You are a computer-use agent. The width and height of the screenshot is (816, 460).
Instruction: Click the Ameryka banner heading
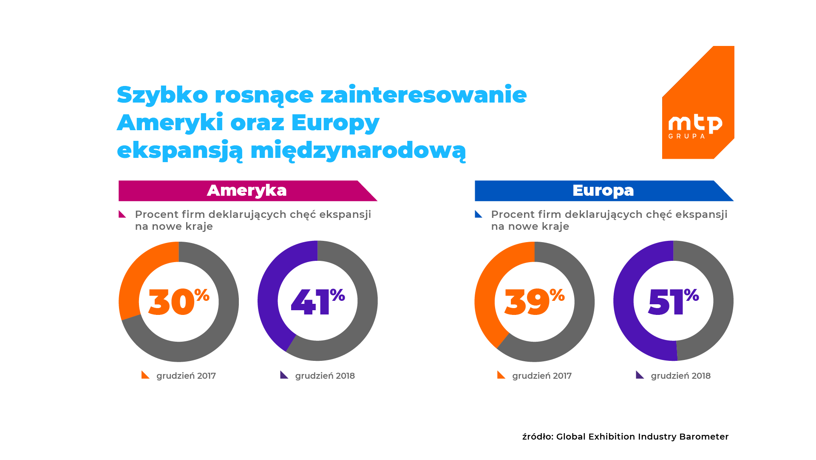coord(247,191)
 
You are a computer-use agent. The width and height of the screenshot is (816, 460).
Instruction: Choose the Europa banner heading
coord(603,191)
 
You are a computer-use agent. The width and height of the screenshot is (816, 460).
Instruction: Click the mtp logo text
coord(695,123)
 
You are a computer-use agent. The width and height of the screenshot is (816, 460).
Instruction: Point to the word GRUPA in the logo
coord(686,137)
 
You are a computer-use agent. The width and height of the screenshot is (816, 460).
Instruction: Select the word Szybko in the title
coord(162,95)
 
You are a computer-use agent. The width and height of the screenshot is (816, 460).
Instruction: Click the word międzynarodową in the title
coord(358,151)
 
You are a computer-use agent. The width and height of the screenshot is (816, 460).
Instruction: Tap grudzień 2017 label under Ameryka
coord(186,376)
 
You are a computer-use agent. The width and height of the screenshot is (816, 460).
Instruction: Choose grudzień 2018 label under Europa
coord(680,376)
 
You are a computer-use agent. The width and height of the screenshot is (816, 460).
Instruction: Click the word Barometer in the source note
coord(704,437)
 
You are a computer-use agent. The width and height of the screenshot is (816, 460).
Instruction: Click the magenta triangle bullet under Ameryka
coord(122,214)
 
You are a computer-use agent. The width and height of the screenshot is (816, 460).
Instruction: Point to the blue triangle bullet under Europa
coord(479,214)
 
